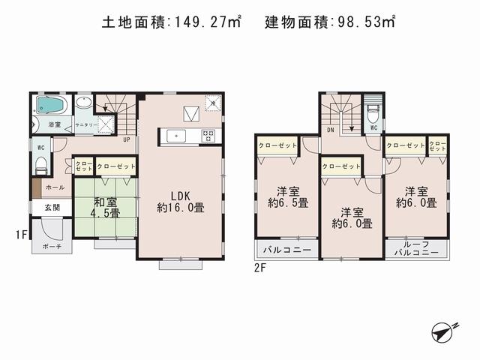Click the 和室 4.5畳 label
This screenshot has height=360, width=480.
[105, 208]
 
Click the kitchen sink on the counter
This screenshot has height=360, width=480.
[178, 136]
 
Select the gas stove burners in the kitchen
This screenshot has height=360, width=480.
[208, 136]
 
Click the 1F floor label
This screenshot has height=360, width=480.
[23, 235]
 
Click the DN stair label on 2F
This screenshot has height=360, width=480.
[330, 129]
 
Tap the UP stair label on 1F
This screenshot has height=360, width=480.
[126, 139]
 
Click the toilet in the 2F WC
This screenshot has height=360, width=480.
[372, 113]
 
